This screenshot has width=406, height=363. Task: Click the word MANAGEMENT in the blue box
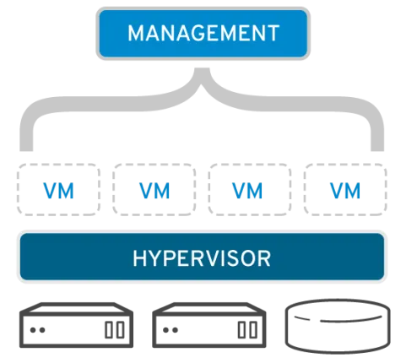click(x=203, y=34)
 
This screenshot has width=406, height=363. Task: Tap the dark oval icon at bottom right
click(x=338, y=326)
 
